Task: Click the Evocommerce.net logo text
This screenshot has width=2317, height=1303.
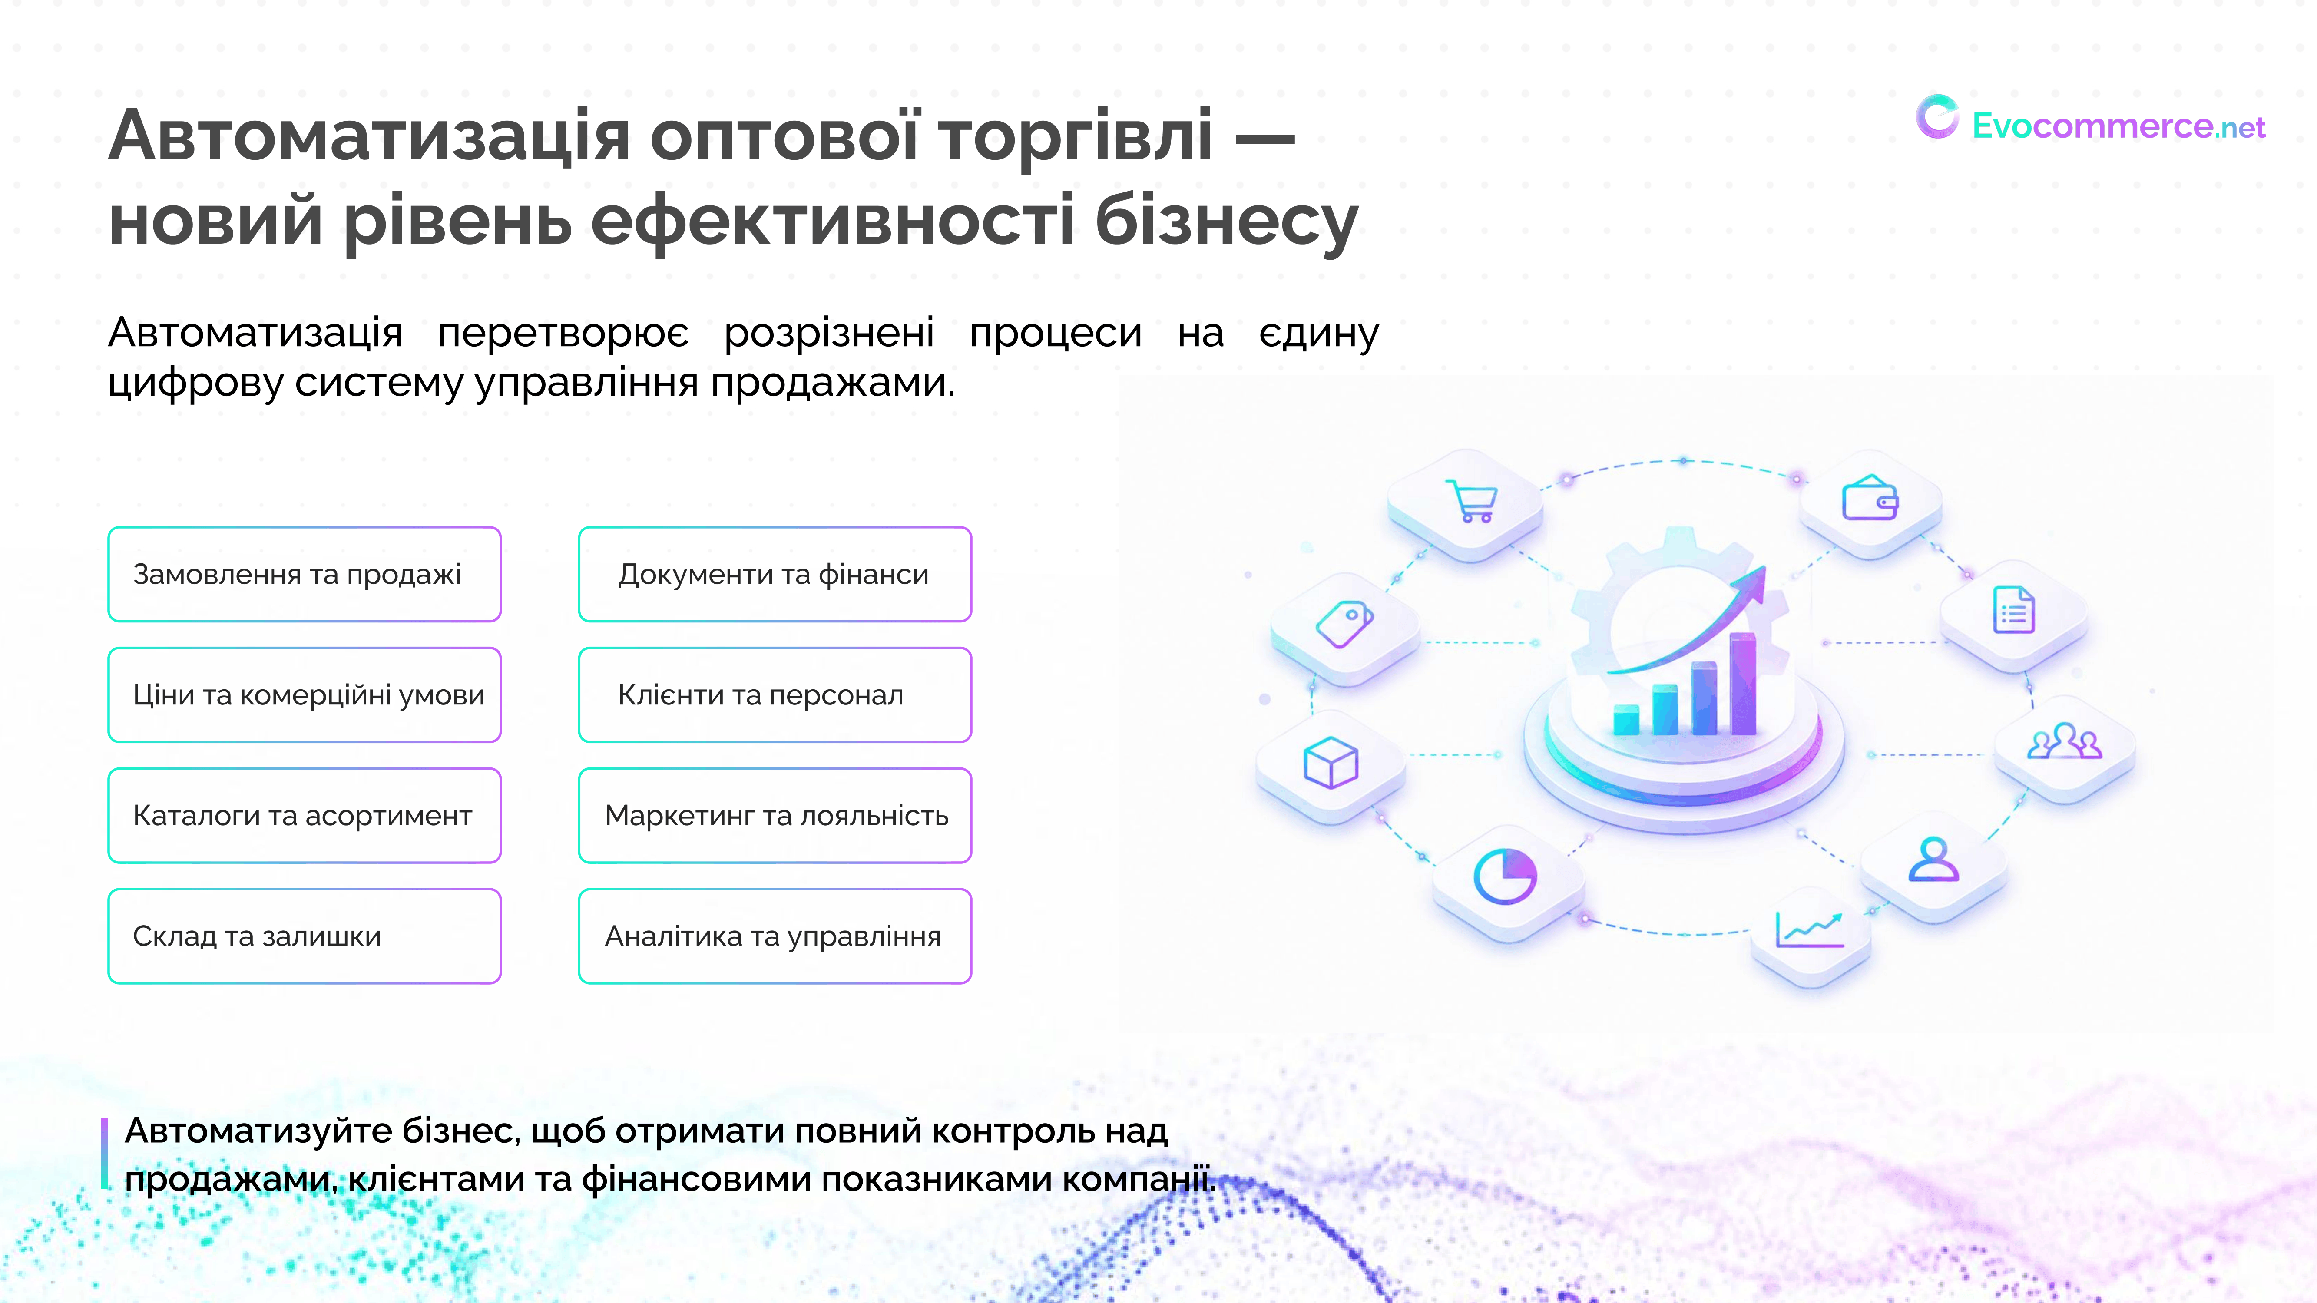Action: pyautogui.click(x=2118, y=126)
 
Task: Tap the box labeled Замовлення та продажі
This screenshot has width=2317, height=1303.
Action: pyautogui.click(x=304, y=574)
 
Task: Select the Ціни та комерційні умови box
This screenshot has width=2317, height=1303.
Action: pyautogui.click(x=304, y=694)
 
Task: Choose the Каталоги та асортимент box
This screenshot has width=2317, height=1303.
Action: pyautogui.click(x=304, y=815)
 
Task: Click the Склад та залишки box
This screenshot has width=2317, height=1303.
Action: pyautogui.click(x=304, y=935)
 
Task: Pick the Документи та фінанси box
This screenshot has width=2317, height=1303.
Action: pyautogui.click(x=775, y=574)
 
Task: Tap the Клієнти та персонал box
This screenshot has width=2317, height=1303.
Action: pyautogui.click(x=775, y=694)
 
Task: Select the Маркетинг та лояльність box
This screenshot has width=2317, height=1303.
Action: pyautogui.click(x=775, y=815)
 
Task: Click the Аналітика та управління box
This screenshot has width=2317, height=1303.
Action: pyautogui.click(x=775, y=935)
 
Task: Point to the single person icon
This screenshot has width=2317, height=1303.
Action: pyautogui.click(x=1934, y=859)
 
